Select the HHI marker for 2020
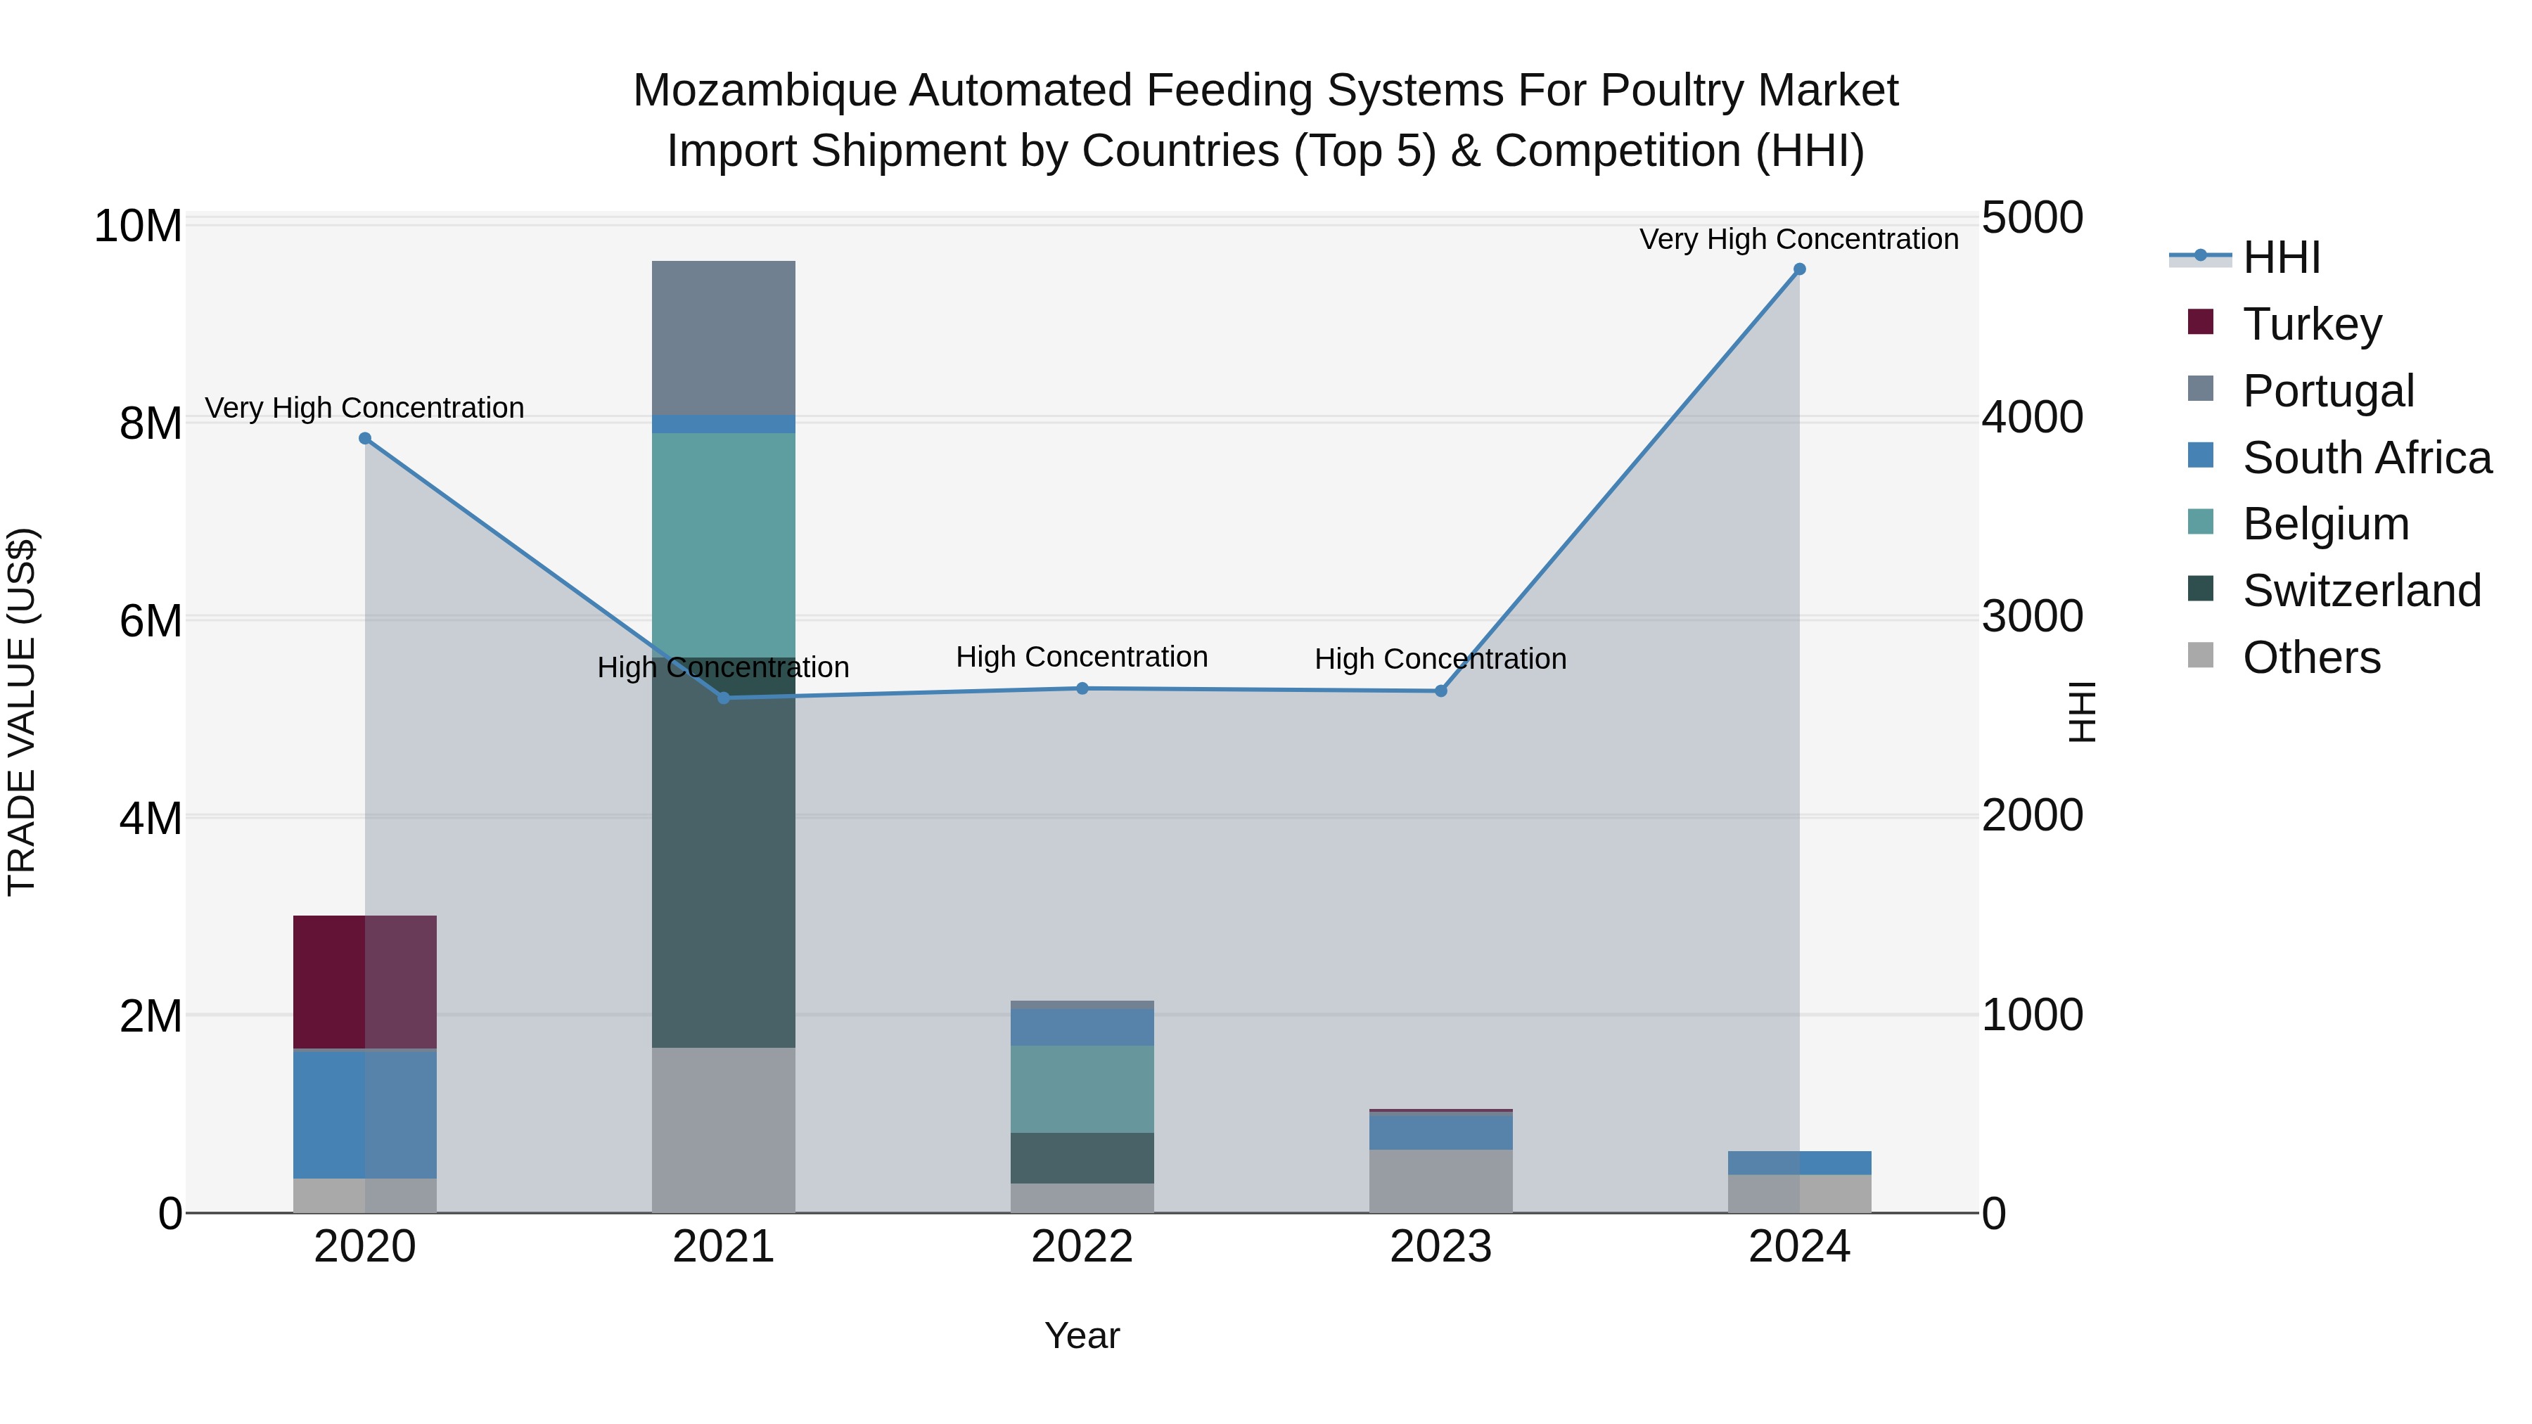pos(364,438)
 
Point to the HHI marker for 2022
pos(1082,689)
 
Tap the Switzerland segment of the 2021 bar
pos(724,852)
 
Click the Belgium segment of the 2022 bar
pos(1082,1089)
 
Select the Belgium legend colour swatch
pos(2201,522)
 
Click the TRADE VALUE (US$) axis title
pos(22,712)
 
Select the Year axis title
pos(1082,1335)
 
